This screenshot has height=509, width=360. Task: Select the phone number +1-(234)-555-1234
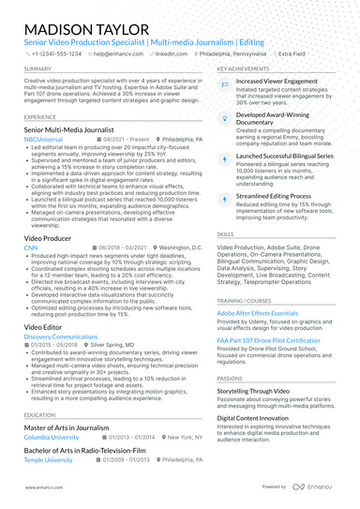[x=56, y=54]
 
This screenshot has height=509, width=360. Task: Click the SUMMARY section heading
[x=38, y=69]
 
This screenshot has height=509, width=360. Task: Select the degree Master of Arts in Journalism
[x=67, y=427]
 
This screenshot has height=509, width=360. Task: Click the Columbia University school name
[x=52, y=437]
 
